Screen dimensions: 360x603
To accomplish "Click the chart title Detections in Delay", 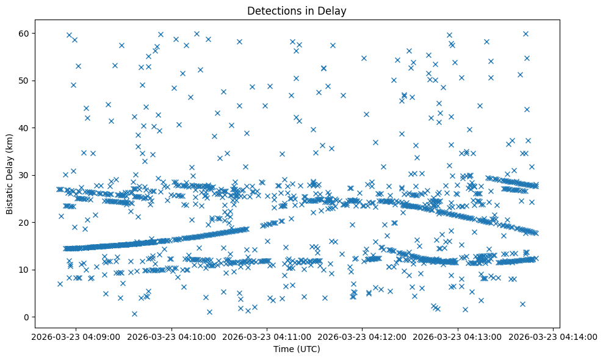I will click(x=296, y=10).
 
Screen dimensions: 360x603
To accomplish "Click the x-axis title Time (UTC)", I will click(x=296, y=350).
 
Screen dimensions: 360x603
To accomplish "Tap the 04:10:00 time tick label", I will click(x=172, y=336).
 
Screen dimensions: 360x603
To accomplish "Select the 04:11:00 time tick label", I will click(x=267, y=336).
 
